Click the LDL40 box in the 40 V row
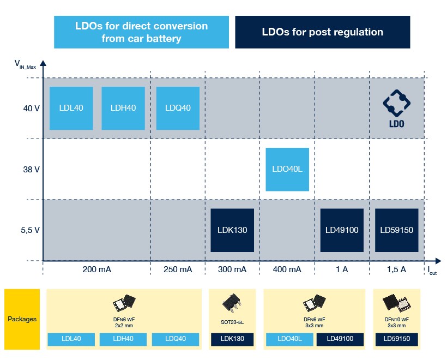[71, 108]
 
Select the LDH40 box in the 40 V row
[123, 108]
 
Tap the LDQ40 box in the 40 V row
[178, 108]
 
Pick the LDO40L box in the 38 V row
[287, 169]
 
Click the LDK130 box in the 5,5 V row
[232, 230]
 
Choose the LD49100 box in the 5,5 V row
[342, 230]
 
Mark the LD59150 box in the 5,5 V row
[397, 230]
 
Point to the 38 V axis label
[31, 169]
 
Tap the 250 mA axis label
[178, 269]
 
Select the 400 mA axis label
[287, 269]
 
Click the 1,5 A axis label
[396, 269]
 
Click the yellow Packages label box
[22, 319]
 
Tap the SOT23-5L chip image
[232, 303]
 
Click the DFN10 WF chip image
[396, 302]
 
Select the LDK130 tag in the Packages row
[232, 339]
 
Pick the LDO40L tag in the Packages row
[290, 339]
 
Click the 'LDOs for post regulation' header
[322, 32]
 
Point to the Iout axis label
[432, 271]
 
